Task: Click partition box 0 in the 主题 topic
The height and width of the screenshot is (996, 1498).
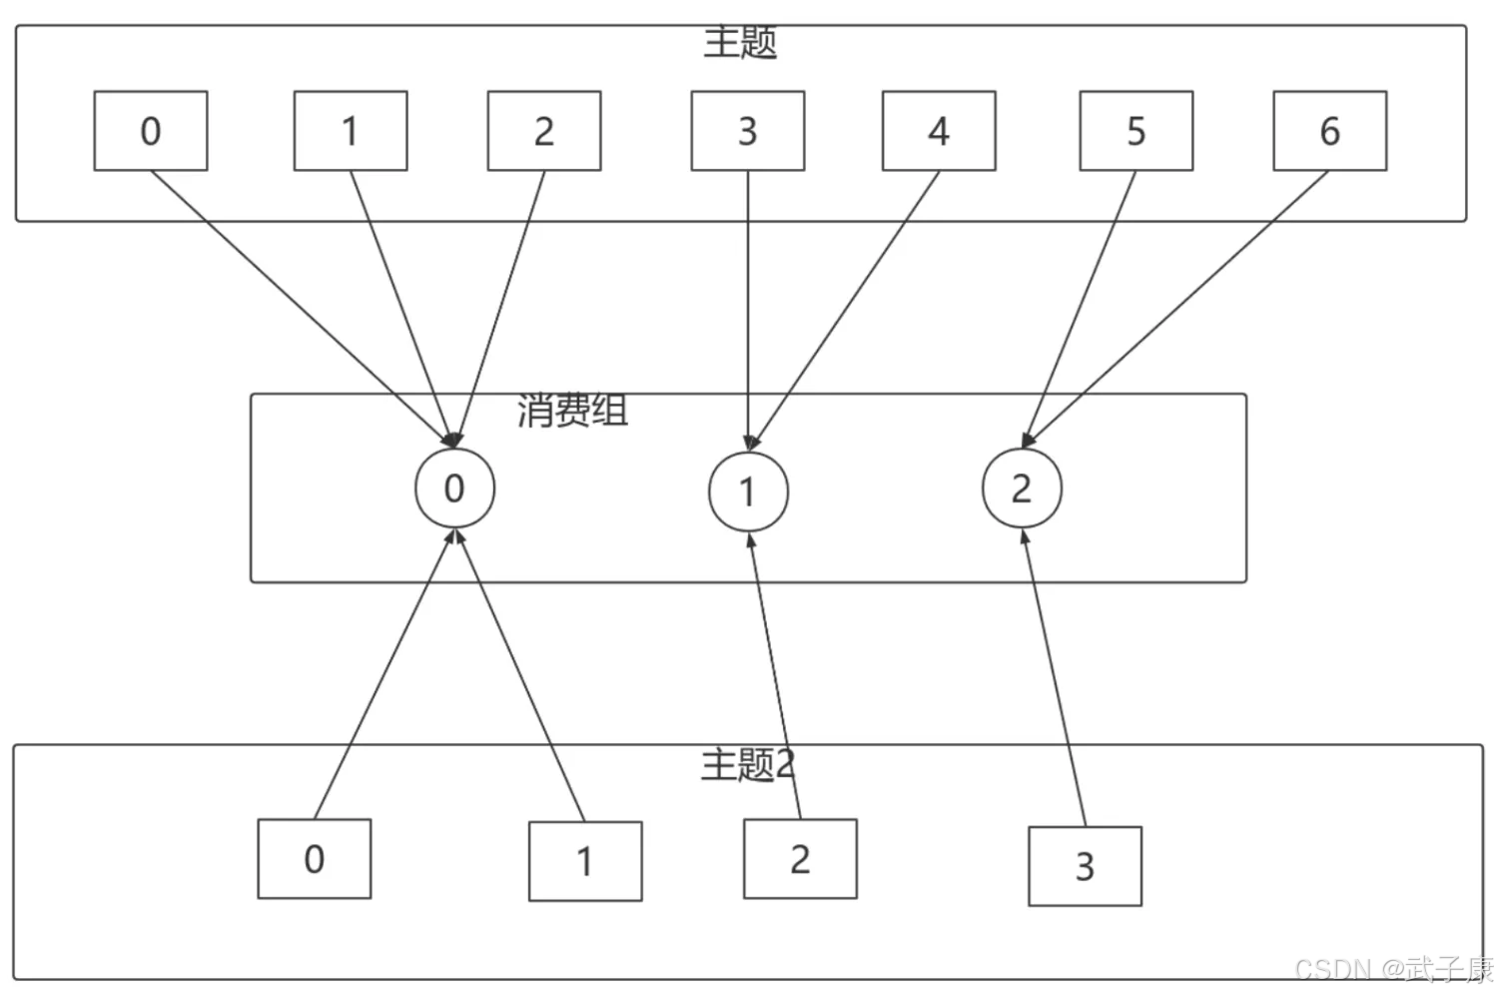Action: click(x=151, y=131)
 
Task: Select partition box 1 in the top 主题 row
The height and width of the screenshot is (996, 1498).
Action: click(x=351, y=131)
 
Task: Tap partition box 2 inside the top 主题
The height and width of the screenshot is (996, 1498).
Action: click(x=544, y=131)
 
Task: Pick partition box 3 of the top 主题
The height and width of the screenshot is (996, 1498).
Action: click(x=748, y=131)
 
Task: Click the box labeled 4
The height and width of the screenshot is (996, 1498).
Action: click(x=939, y=131)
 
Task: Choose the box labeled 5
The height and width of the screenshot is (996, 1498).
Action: click(x=1136, y=131)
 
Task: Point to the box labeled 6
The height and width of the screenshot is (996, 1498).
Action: click(x=1330, y=131)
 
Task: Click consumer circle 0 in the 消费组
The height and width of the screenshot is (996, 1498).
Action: click(x=454, y=489)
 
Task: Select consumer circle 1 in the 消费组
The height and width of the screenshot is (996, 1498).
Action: click(x=748, y=492)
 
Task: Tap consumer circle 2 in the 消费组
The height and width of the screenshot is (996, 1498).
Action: click(x=1022, y=489)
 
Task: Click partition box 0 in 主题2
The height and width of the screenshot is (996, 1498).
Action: click(x=315, y=859)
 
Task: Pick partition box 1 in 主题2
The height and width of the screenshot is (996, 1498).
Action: click(x=585, y=861)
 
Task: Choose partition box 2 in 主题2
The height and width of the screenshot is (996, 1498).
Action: click(x=801, y=859)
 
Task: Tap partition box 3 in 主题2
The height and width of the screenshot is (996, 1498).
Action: click(x=1085, y=866)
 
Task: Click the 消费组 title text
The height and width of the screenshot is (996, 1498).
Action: click(x=572, y=410)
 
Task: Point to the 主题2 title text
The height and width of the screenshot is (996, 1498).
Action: click(x=748, y=764)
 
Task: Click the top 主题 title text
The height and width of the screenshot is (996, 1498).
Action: click(x=740, y=43)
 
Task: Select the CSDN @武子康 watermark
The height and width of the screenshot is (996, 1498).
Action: click(x=1394, y=969)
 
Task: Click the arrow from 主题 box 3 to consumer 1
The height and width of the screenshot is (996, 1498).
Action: click(x=748, y=311)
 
